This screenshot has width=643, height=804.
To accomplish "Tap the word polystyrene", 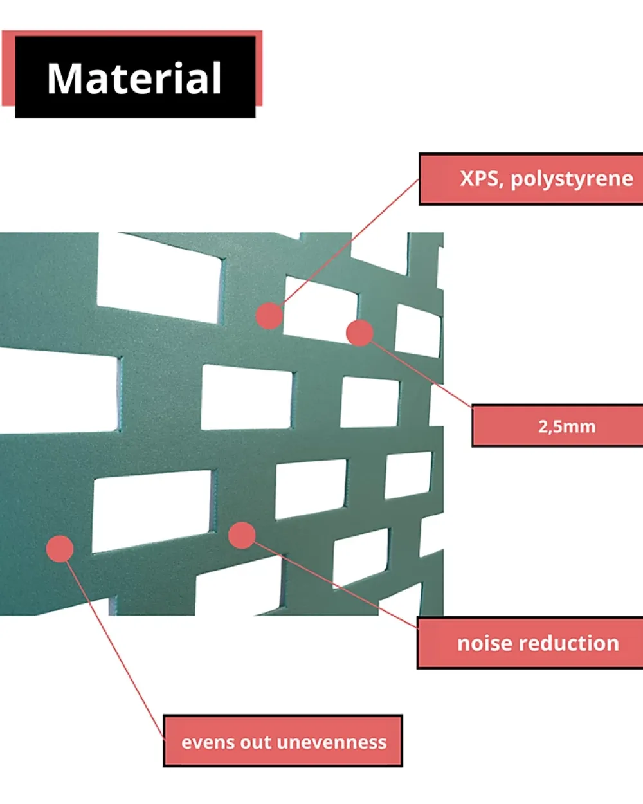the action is click(572, 179).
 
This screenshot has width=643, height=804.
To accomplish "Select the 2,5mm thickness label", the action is click(566, 426).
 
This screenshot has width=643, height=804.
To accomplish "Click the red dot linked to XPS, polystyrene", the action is click(269, 316).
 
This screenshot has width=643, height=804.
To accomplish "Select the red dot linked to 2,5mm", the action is click(359, 333).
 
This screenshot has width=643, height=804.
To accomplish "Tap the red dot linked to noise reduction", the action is click(242, 535).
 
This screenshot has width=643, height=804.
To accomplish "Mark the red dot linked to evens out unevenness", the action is click(60, 549).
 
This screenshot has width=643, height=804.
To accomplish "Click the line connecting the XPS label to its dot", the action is click(350, 242).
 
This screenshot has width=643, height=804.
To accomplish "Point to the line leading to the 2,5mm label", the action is click(421, 374).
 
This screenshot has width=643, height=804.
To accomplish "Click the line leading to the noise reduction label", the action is click(335, 585).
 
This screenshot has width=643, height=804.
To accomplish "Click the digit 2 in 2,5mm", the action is click(543, 426).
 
